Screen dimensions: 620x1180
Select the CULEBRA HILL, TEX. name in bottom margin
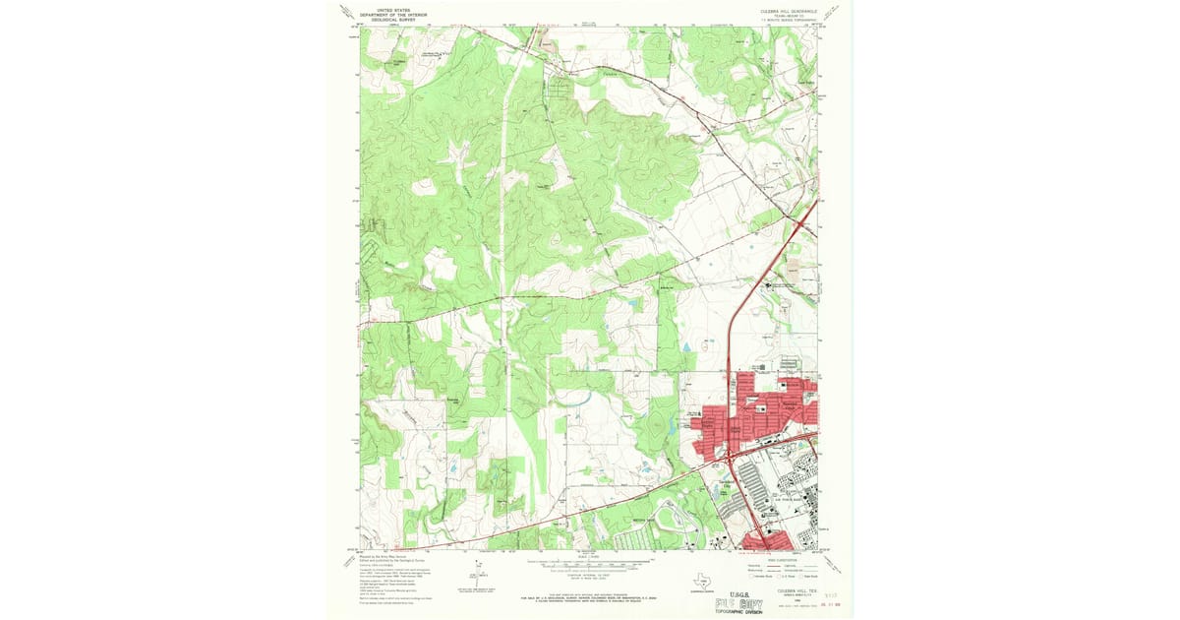[775, 582]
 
